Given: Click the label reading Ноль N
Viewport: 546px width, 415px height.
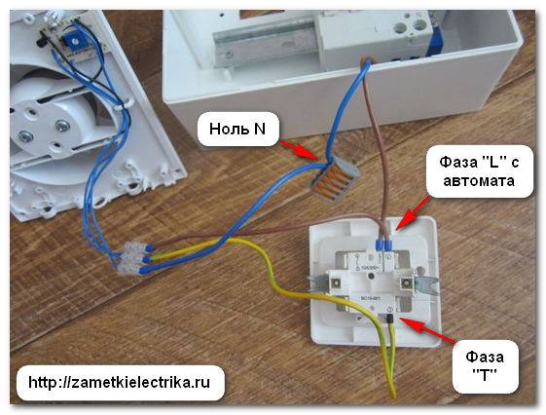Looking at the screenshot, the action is [x=237, y=130].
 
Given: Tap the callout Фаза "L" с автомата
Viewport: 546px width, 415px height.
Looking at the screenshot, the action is [x=479, y=171].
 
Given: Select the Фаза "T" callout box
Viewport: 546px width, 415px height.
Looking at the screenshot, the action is [x=485, y=366].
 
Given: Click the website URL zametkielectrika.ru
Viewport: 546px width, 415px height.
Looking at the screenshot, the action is [x=120, y=382].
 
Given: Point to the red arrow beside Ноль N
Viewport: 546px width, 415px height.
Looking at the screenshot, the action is [x=300, y=151].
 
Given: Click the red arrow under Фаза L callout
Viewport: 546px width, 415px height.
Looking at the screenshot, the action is [x=413, y=213].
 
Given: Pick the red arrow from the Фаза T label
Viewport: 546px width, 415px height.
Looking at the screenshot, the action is [x=426, y=328].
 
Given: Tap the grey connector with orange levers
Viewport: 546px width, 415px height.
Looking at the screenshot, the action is [x=335, y=178].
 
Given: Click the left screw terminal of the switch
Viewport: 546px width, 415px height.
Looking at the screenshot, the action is [x=337, y=283].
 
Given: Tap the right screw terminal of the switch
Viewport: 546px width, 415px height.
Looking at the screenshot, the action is [x=405, y=283].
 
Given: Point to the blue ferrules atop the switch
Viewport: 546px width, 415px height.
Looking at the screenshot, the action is [x=384, y=245].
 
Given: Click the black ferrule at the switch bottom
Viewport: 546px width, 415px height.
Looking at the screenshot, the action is [x=390, y=319].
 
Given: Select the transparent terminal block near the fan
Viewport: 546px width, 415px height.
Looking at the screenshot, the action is [x=131, y=259].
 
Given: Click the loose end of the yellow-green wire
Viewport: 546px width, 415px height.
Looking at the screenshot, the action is [x=392, y=396].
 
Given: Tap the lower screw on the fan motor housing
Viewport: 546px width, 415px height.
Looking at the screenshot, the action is [x=24, y=135].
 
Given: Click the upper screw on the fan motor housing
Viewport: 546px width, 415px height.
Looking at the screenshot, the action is [x=61, y=126].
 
